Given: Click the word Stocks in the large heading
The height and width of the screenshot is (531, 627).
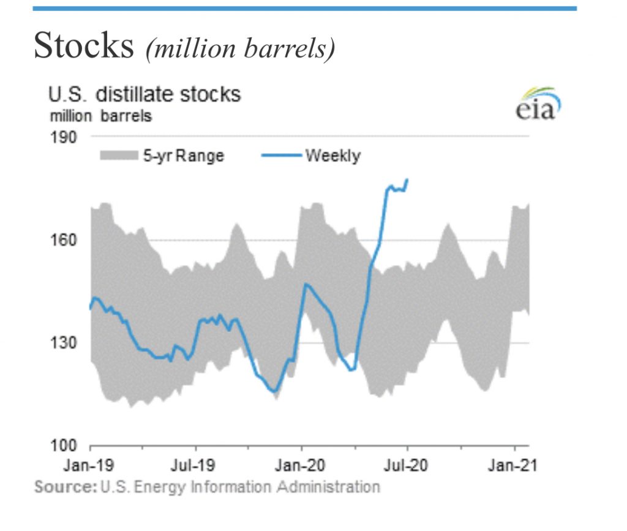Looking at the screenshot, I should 84,47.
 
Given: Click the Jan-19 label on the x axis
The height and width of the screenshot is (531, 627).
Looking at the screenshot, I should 89,466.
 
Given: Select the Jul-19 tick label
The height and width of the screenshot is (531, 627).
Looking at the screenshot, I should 196,466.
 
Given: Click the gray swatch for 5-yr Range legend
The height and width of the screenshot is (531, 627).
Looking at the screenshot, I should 119,156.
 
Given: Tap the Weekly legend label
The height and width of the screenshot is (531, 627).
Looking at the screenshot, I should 332,156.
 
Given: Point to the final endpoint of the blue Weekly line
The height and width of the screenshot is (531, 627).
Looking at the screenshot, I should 408,179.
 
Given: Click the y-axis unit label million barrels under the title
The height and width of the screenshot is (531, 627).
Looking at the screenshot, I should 100,115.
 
